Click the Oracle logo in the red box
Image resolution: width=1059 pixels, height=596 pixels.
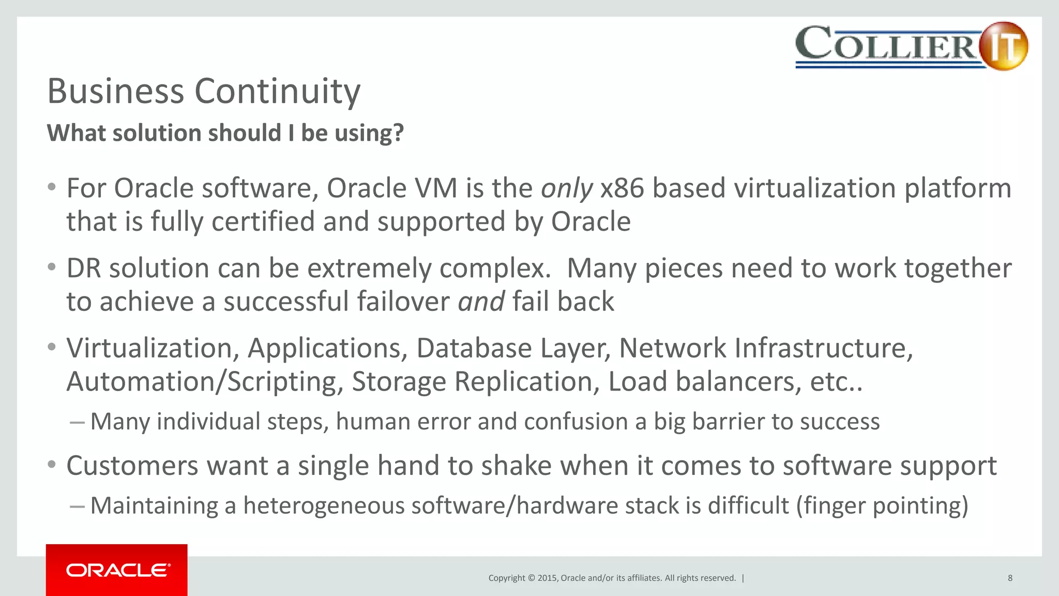[118, 570]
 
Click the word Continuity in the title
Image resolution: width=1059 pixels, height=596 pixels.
[277, 91]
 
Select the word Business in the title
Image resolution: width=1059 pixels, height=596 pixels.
[116, 91]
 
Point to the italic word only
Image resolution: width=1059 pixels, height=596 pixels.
[567, 188]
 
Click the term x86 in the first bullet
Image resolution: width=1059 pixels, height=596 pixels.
[622, 188]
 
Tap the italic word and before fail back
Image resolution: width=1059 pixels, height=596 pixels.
[481, 302]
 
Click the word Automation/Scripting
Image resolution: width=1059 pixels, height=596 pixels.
[205, 382]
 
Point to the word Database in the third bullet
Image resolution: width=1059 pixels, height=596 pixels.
[474, 348]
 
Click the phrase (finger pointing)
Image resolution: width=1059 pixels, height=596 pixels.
[882, 505]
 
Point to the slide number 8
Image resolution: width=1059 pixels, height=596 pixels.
[1010, 578]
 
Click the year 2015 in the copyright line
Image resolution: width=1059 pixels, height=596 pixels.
[547, 578]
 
